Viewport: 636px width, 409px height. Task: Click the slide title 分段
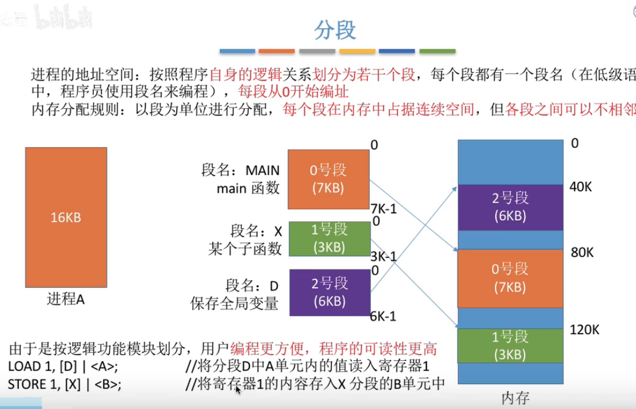tap(336, 30)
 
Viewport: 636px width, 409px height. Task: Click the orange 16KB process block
tap(66, 217)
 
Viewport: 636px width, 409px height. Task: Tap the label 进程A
tap(66, 299)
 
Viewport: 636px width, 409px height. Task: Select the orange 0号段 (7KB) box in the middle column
tap(328, 178)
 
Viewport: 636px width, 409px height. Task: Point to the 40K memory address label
tap(581, 186)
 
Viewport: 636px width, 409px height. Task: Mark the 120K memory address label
tap(584, 329)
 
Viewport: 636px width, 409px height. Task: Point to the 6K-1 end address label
tap(383, 316)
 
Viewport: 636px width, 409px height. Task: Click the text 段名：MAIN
tap(241, 170)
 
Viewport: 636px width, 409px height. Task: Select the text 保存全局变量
tap(234, 304)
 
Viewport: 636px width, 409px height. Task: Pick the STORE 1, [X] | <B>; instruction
tap(65, 383)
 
